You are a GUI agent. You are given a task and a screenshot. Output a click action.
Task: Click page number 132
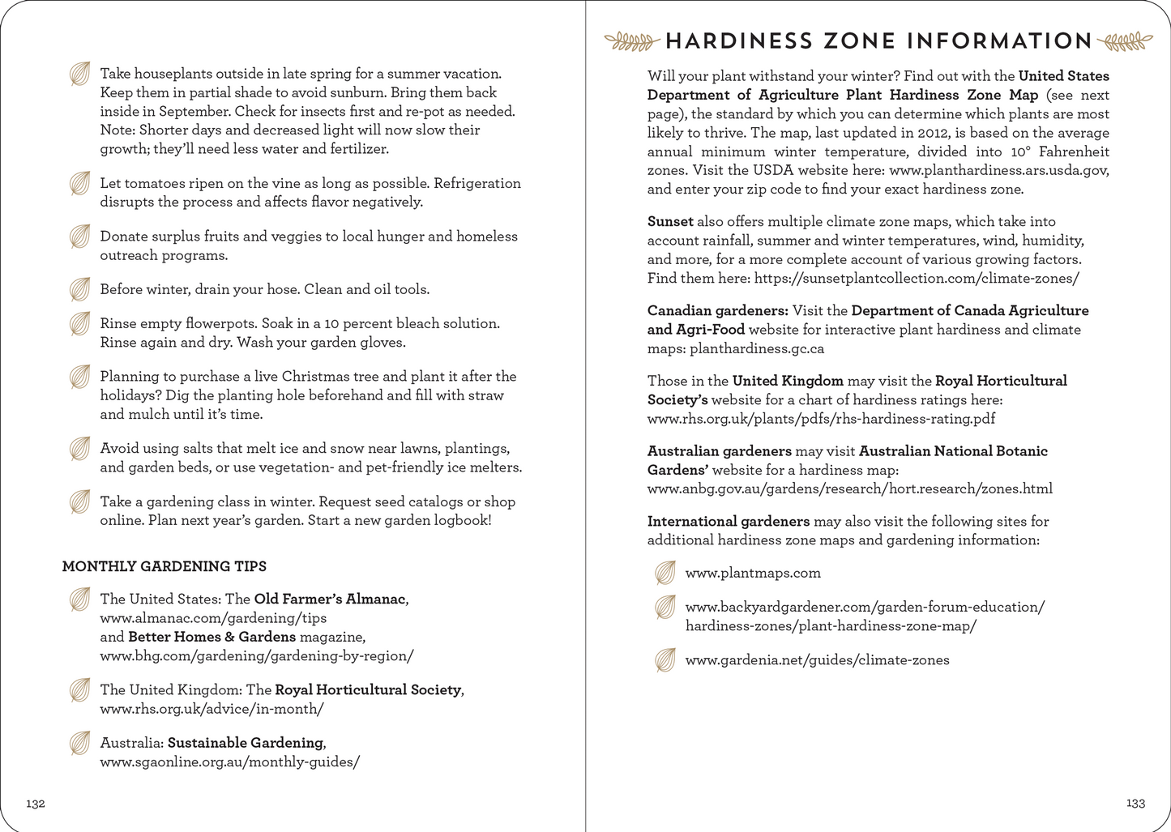point(36,804)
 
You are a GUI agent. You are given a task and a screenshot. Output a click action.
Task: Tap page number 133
point(1135,803)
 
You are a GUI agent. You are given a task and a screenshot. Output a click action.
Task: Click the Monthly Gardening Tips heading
point(165,566)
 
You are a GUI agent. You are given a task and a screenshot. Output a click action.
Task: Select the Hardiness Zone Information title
point(878,41)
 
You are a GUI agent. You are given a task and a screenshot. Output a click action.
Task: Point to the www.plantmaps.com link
point(753,573)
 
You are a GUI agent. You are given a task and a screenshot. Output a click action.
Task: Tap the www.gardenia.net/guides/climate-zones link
point(817,659)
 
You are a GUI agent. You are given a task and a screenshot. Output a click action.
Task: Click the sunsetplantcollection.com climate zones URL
point(917,278)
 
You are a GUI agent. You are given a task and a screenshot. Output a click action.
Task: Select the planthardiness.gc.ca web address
point(757,348)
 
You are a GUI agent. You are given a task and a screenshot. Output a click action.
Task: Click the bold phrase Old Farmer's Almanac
point(329,599)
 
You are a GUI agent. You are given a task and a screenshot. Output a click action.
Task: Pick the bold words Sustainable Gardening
point(245,742)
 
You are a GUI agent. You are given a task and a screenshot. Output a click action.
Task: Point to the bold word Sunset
point(670,221)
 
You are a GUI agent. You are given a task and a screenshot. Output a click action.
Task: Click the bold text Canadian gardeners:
point(717,310)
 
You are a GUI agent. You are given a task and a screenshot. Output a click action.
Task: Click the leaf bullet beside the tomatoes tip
point(79,184)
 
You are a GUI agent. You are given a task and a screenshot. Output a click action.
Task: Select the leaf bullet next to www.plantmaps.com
point(665,573)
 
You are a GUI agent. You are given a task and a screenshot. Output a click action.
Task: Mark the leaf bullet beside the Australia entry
point(79,743)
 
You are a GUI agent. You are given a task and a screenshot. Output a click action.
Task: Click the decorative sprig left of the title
point(632,41)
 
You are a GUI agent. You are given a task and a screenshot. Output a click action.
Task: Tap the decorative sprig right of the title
point(1126,41)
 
